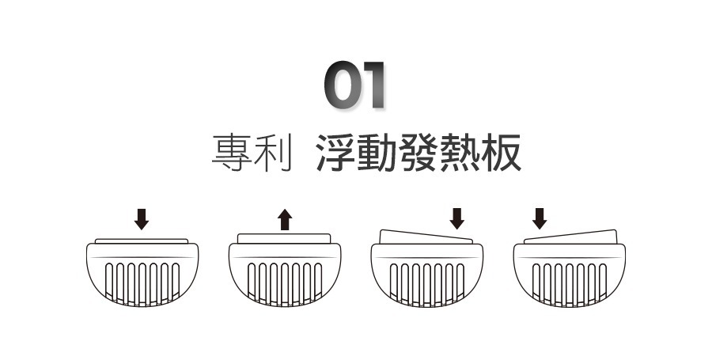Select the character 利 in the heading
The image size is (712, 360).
[x=269, y=153]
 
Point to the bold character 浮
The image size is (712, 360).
[x=334, y=153]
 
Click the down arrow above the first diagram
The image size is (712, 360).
[x=142, y=218]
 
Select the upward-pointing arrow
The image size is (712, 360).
[x=285, y=219]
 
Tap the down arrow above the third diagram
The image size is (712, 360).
[x=456, y=218]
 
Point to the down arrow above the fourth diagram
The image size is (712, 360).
[x=540, y=218]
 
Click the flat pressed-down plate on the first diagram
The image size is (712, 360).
[x=142, y=241]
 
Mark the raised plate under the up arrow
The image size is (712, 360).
[x=285, y=238]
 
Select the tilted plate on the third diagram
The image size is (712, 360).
[x=426, y=237]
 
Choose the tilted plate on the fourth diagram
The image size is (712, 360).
[x=570, y=237]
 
